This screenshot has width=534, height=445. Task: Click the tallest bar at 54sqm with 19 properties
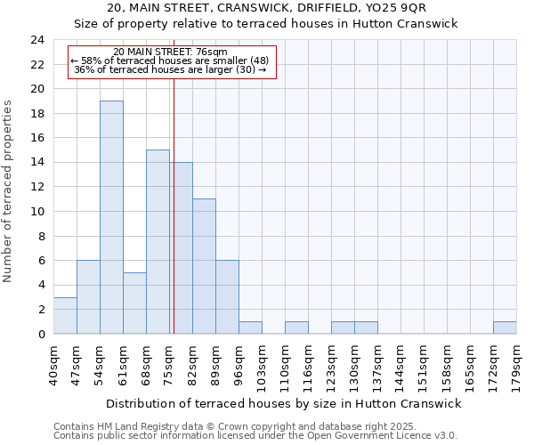pyautogui.click(x=111, y=217)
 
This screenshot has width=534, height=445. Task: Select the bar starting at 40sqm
pyautogui.click(x=65, y=315)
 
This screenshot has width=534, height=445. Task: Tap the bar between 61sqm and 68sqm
pyautogui.click(x=134, y=303)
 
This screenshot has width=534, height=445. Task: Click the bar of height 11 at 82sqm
pyautogui.click(x=204, y=266)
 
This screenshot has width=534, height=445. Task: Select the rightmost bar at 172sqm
pyautogui.click(x=505, y=328)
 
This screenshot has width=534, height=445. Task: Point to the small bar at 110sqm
pyautogui.click(x=296, y=328)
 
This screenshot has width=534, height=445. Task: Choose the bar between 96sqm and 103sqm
pyautogui.click(x=250, y=328)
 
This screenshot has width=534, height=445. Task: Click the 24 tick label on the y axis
pyautogui.click(x=36, y=40)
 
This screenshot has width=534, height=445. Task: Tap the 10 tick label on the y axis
pyautogui.click(x=36, y=212)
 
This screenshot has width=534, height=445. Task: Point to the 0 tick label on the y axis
pyautogui.click(x=41, y=335)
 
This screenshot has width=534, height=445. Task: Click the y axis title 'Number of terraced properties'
pyautogui.click(x=9, y=190)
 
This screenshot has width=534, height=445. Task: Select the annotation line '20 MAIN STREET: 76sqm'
pyautogui.click(x=171, y=53)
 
